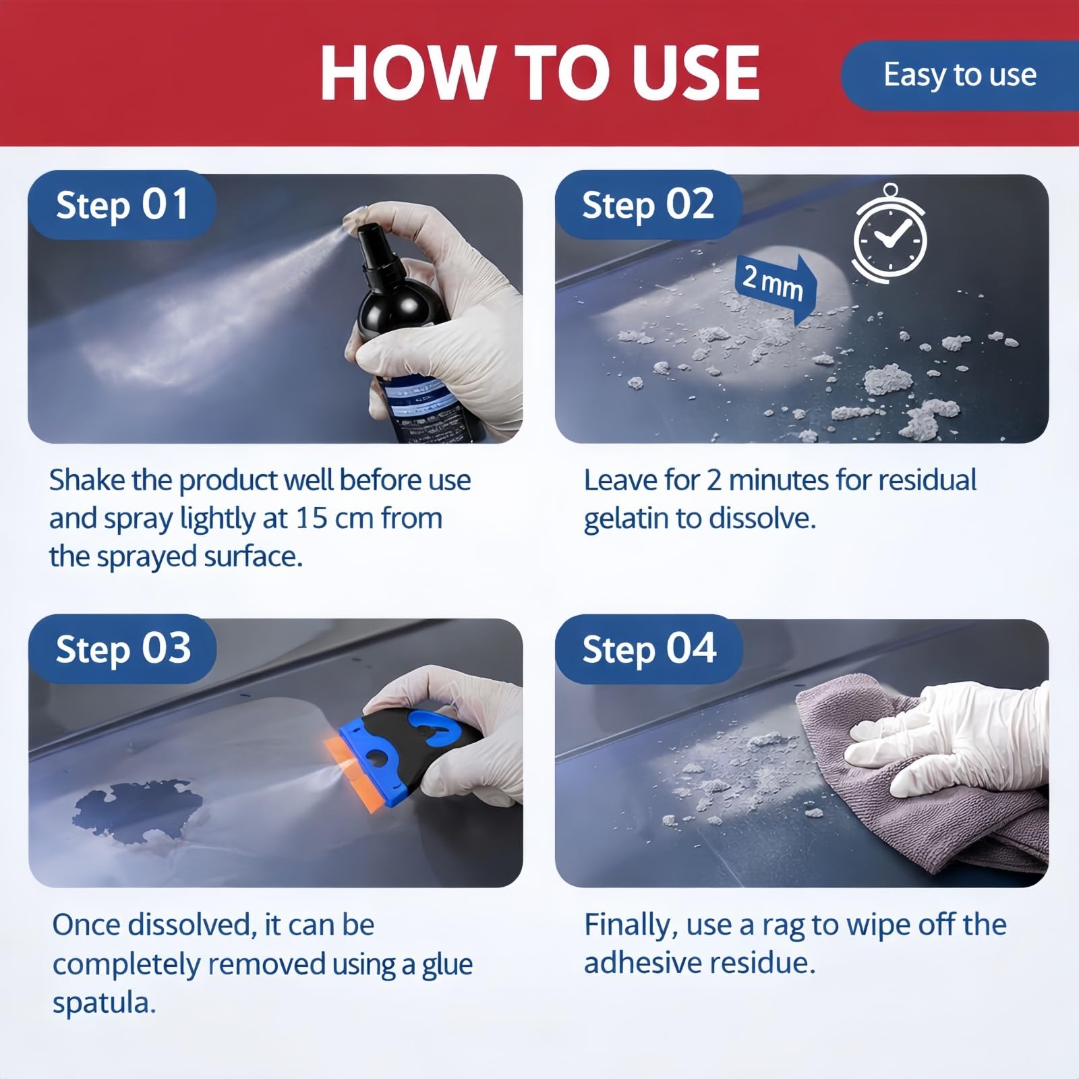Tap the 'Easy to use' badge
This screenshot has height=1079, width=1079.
tap(960, 75)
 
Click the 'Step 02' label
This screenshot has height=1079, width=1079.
tap(648, 205)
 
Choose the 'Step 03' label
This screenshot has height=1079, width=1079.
tap(122, 649)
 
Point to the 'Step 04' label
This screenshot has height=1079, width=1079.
tap(649, 649)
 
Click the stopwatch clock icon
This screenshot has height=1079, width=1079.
tap(890, 233)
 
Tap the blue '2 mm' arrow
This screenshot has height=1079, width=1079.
tap(776, 285)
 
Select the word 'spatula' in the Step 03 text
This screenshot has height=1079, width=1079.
tap(104, 1003)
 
